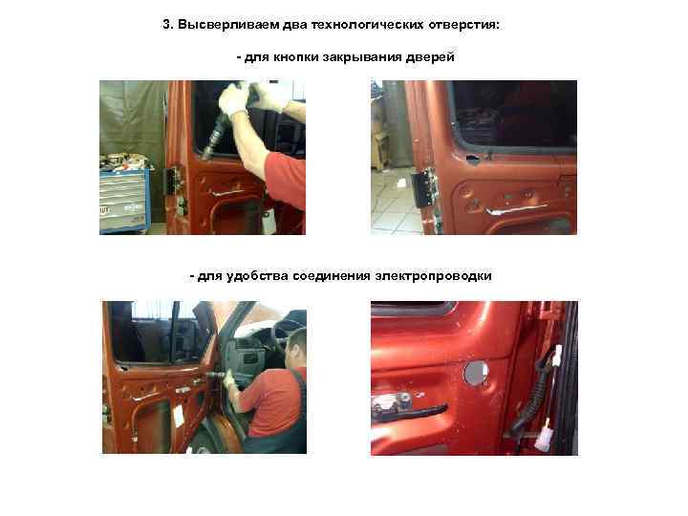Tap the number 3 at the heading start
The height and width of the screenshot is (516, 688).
click(167, 24)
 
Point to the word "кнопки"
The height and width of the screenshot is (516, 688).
click(293, 57)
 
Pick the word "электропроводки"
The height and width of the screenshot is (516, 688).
click(434, 276)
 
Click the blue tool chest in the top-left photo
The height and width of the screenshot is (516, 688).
click(124, 199)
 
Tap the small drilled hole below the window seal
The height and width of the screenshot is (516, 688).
click(472, 158)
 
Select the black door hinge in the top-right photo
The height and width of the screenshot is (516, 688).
click(424, 188)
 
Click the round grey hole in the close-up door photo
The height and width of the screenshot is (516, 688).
click(476, 373)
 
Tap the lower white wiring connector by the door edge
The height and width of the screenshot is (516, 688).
click(545, 435)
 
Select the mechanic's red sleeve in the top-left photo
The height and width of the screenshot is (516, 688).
click(285, 180)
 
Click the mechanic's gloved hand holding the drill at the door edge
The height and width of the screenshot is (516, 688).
click(227, 378)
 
